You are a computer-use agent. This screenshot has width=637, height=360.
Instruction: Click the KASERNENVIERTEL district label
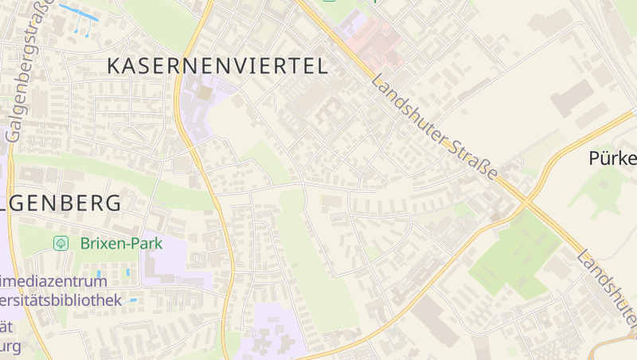(217, 66)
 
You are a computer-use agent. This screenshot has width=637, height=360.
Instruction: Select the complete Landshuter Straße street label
(435, 127)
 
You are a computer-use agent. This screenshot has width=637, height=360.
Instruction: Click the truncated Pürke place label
(612, 158)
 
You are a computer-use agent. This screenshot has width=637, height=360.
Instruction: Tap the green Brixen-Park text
(119, 243)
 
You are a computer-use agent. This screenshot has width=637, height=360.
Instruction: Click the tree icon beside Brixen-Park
(60, 243)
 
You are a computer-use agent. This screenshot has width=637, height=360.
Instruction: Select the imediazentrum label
(53, 281)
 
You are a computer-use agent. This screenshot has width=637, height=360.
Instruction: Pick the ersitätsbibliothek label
(61, 300)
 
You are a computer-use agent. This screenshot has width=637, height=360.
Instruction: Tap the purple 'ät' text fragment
(7, 327)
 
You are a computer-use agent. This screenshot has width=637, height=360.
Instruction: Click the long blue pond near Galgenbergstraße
(78, 13)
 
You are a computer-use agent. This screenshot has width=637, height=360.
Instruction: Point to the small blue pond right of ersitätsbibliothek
(133, 300)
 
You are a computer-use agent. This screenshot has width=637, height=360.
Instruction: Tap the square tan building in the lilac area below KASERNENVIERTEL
(205, 93)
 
